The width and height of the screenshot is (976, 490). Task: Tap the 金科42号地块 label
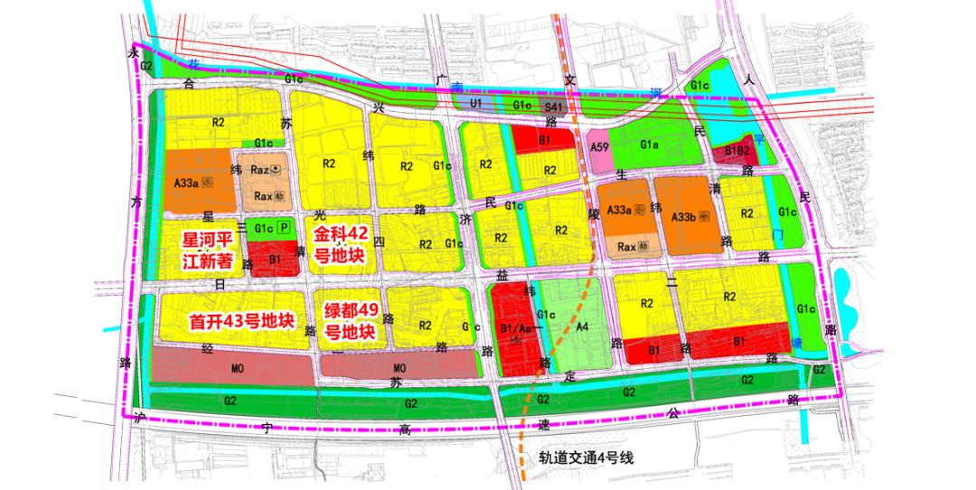(339, 244)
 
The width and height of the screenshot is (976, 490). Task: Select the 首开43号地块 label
(243, 320)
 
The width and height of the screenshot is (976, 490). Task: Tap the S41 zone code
(554, 108)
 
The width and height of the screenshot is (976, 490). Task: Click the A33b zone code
(684, 217)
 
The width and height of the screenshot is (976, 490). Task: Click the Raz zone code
(261, 170)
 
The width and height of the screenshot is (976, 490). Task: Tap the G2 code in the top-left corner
(145, 65)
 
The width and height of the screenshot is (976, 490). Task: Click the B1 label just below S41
(545, 141)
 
